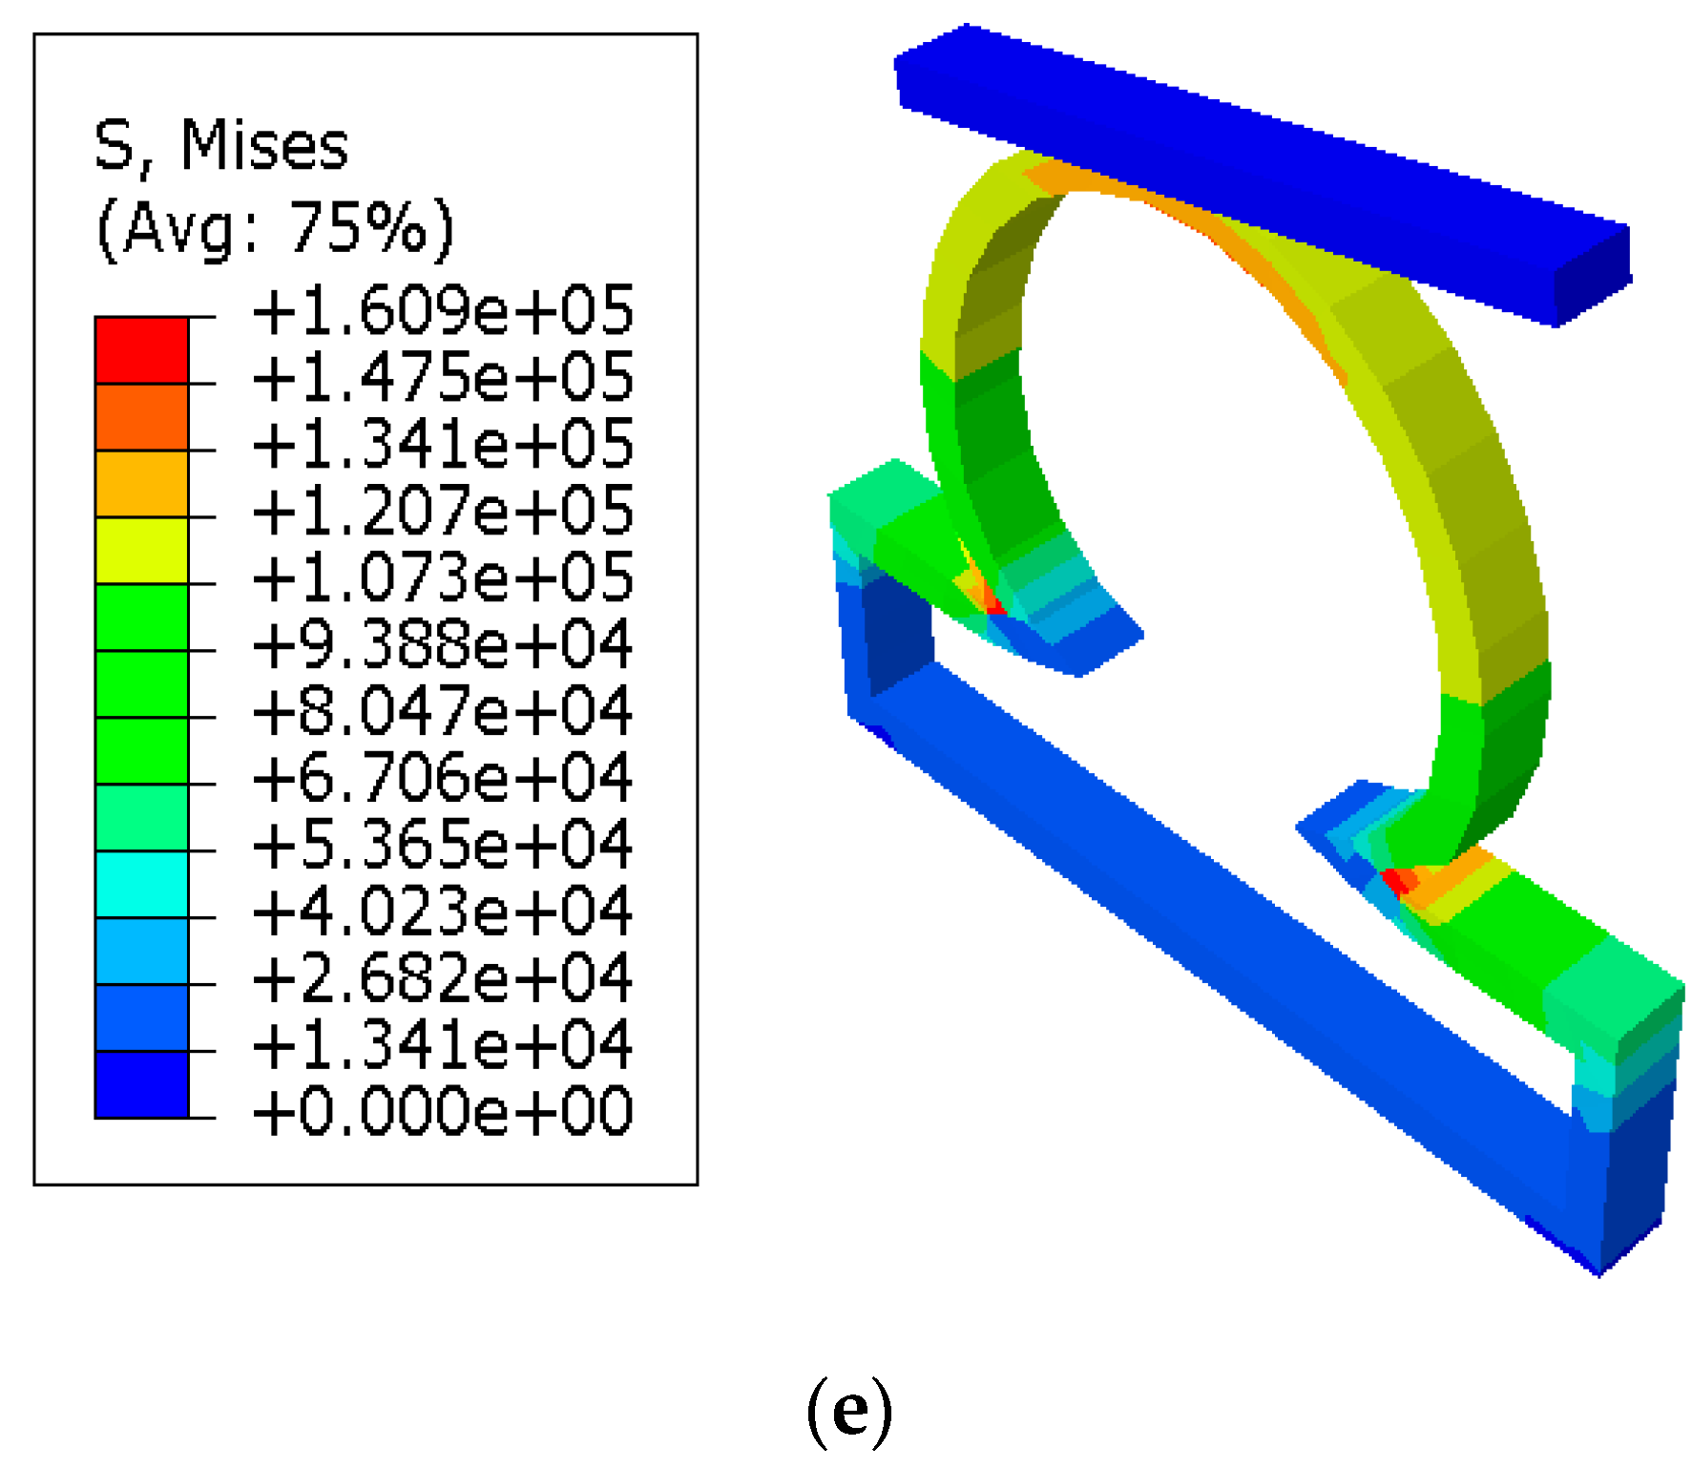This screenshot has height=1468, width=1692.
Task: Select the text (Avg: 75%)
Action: coord(275,229)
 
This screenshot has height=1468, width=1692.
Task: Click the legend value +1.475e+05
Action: coord(442,377)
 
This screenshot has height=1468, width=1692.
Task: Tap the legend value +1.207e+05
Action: coord(442,511)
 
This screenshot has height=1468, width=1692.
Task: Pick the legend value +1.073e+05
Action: coord(442,577)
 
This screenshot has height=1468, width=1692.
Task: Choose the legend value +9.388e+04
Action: coord(442,644)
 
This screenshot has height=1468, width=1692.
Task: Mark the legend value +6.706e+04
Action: coord(442,778)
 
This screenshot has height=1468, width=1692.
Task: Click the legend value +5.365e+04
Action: coord(442,845)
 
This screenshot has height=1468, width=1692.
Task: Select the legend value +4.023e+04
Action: coord(442,912)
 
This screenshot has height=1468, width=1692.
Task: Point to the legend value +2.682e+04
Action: coord(442,978)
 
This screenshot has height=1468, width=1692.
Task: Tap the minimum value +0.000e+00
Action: coord(442,1112)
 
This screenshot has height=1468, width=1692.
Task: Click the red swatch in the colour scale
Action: coord(142,350)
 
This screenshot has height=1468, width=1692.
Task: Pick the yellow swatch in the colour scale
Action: coord(142,551)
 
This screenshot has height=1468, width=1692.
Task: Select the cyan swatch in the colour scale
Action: coord(142,885)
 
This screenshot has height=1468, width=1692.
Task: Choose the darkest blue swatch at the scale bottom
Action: coord(142,1084)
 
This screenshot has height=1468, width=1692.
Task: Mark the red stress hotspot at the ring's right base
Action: coord(1395,880)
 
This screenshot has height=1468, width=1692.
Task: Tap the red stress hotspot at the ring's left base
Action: coord(993,604)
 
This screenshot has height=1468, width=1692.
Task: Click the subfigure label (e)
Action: coord(849,1411)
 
